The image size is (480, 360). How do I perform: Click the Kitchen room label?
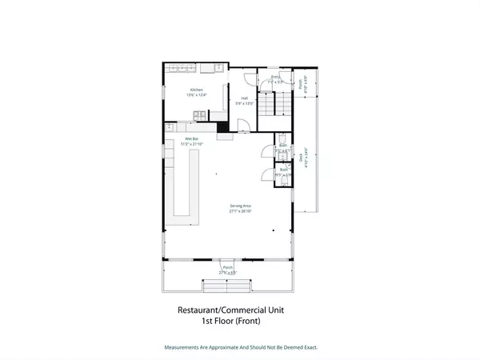coord(196,90)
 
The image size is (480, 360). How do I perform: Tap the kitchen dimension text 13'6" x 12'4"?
coord(196,95)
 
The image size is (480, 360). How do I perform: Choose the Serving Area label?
coord(241,206)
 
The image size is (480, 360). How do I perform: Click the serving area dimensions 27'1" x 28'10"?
coord(241,212)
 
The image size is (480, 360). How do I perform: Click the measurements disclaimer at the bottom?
coord(240,347)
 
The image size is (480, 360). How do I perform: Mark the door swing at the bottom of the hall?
coord(243,125)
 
